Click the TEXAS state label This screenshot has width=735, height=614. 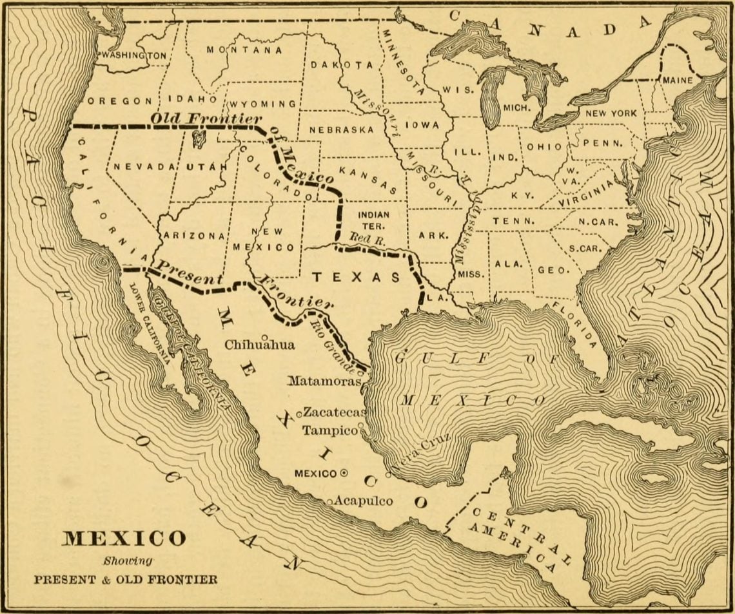(x=357, y=277)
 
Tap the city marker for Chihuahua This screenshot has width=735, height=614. (x=264, y=336)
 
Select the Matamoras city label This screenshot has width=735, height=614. (x=323, y=381)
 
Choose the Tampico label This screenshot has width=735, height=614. (x=330, y=430)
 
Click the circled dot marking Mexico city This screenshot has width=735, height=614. (x=344, y=473)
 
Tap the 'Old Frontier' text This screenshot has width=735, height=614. (x=206, y=119)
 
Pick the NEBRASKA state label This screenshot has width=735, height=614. (x=341, y=130)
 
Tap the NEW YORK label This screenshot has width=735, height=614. (x=611, y=113)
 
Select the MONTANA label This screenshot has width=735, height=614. (x=244, y=50)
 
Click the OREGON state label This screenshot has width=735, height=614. (x=120, y=101)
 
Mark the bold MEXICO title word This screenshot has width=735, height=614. (x=124, y=538)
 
